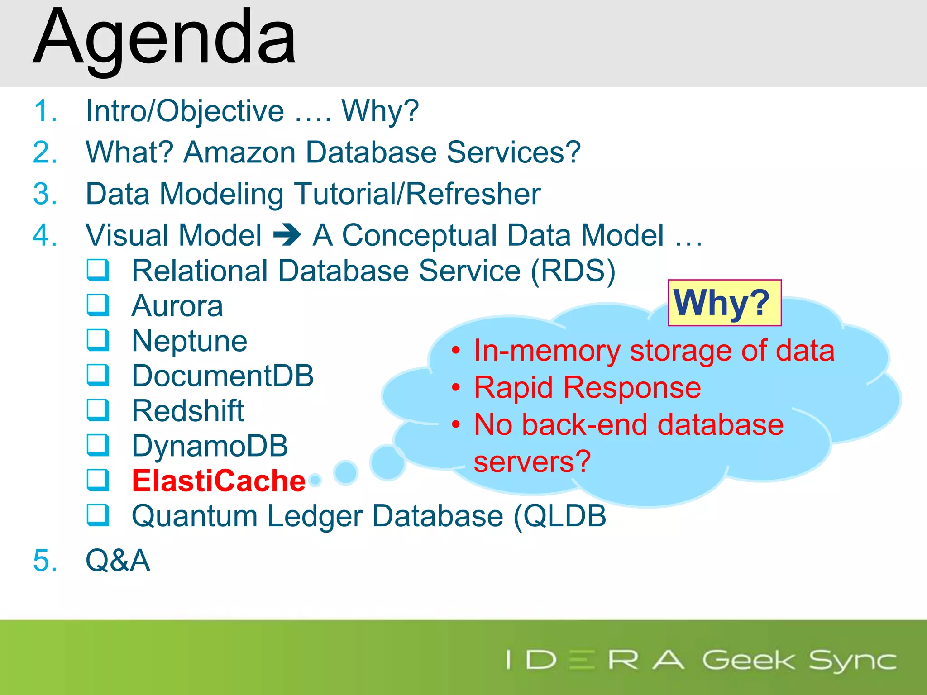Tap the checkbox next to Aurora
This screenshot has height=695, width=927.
coord(98,305)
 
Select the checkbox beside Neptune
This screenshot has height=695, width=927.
coord(98,340)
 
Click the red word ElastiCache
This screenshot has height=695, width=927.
coord(219,481)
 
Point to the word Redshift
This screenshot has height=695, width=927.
coord(188,411)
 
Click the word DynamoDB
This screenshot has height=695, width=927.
coord(210,446)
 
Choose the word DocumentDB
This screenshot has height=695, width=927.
coord(223,376)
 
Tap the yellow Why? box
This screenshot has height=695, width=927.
coord(724,303)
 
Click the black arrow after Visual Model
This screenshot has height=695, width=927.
coord(287,235)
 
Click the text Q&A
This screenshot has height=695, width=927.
coord(118,560)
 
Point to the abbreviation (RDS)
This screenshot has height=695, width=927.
coord(573,271)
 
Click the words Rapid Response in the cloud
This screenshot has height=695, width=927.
coord(588,388)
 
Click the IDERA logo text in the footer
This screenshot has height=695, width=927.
coord(595,660)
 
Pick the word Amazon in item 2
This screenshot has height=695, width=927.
coord(240,152)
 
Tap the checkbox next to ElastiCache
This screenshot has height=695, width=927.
coord(98,480)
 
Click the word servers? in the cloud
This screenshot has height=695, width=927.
coord(532,462)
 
